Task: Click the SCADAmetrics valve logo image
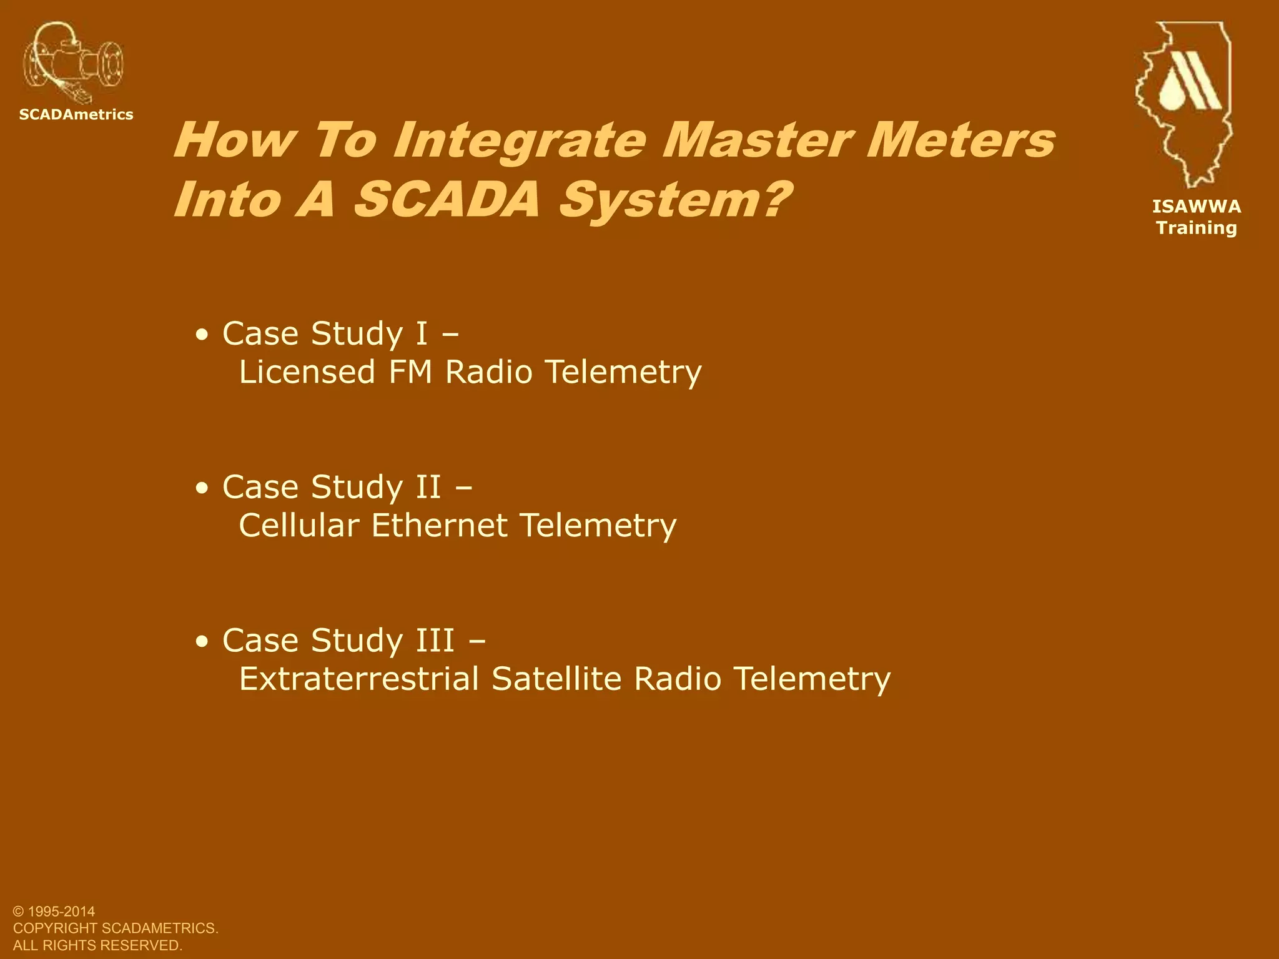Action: point(73,63)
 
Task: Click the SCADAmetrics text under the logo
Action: point(76,115)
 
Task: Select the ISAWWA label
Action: point(1197,207)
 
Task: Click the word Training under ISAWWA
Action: point(1197,228)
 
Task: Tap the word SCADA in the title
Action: point(446,200)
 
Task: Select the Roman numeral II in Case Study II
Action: point(428,487)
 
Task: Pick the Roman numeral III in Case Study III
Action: point(435,641)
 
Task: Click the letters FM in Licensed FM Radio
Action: point(410,372)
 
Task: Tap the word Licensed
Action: point(307,372)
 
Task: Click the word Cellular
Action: point(299,526)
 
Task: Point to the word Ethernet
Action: point(439,526)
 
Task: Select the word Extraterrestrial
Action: point(359,679)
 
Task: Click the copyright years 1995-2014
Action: point(61,912)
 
